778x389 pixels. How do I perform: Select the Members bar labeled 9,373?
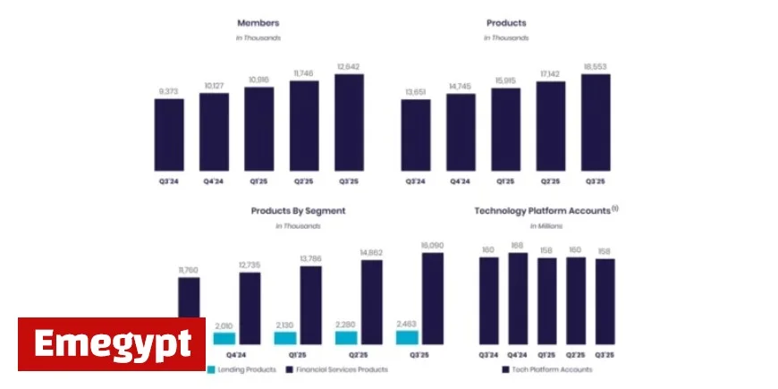[169, 134]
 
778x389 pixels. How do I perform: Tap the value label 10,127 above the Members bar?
[214, 87]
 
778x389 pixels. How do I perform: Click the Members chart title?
[258, 22]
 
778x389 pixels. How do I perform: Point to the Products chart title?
[506, 22]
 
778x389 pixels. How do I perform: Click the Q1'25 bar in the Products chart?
[505, 130]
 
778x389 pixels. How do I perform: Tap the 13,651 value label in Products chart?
[415, 92]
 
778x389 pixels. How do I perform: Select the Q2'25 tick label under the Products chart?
[550, 181]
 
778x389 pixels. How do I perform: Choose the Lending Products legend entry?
[241, 368]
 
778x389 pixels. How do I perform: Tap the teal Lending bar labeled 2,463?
[407, 337]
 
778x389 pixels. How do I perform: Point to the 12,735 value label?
[249, 266]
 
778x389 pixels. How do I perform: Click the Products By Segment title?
[298, 210]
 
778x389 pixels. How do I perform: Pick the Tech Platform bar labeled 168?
[518, 299]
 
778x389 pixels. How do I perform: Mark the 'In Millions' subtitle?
[546, 225]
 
